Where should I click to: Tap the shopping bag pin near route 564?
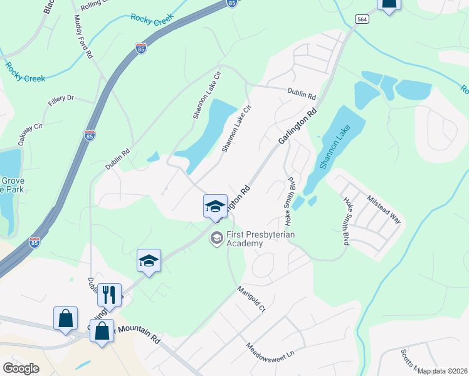(389, 4)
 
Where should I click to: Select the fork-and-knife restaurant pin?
(109, 295)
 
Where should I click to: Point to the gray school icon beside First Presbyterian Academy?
(217, 238)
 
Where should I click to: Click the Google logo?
(21, 368)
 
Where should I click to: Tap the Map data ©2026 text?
(442, 371)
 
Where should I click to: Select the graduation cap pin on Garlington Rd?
(214, 206)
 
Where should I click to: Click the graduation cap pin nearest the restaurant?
(149, 261)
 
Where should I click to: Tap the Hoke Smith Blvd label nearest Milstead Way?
(345, 221)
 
